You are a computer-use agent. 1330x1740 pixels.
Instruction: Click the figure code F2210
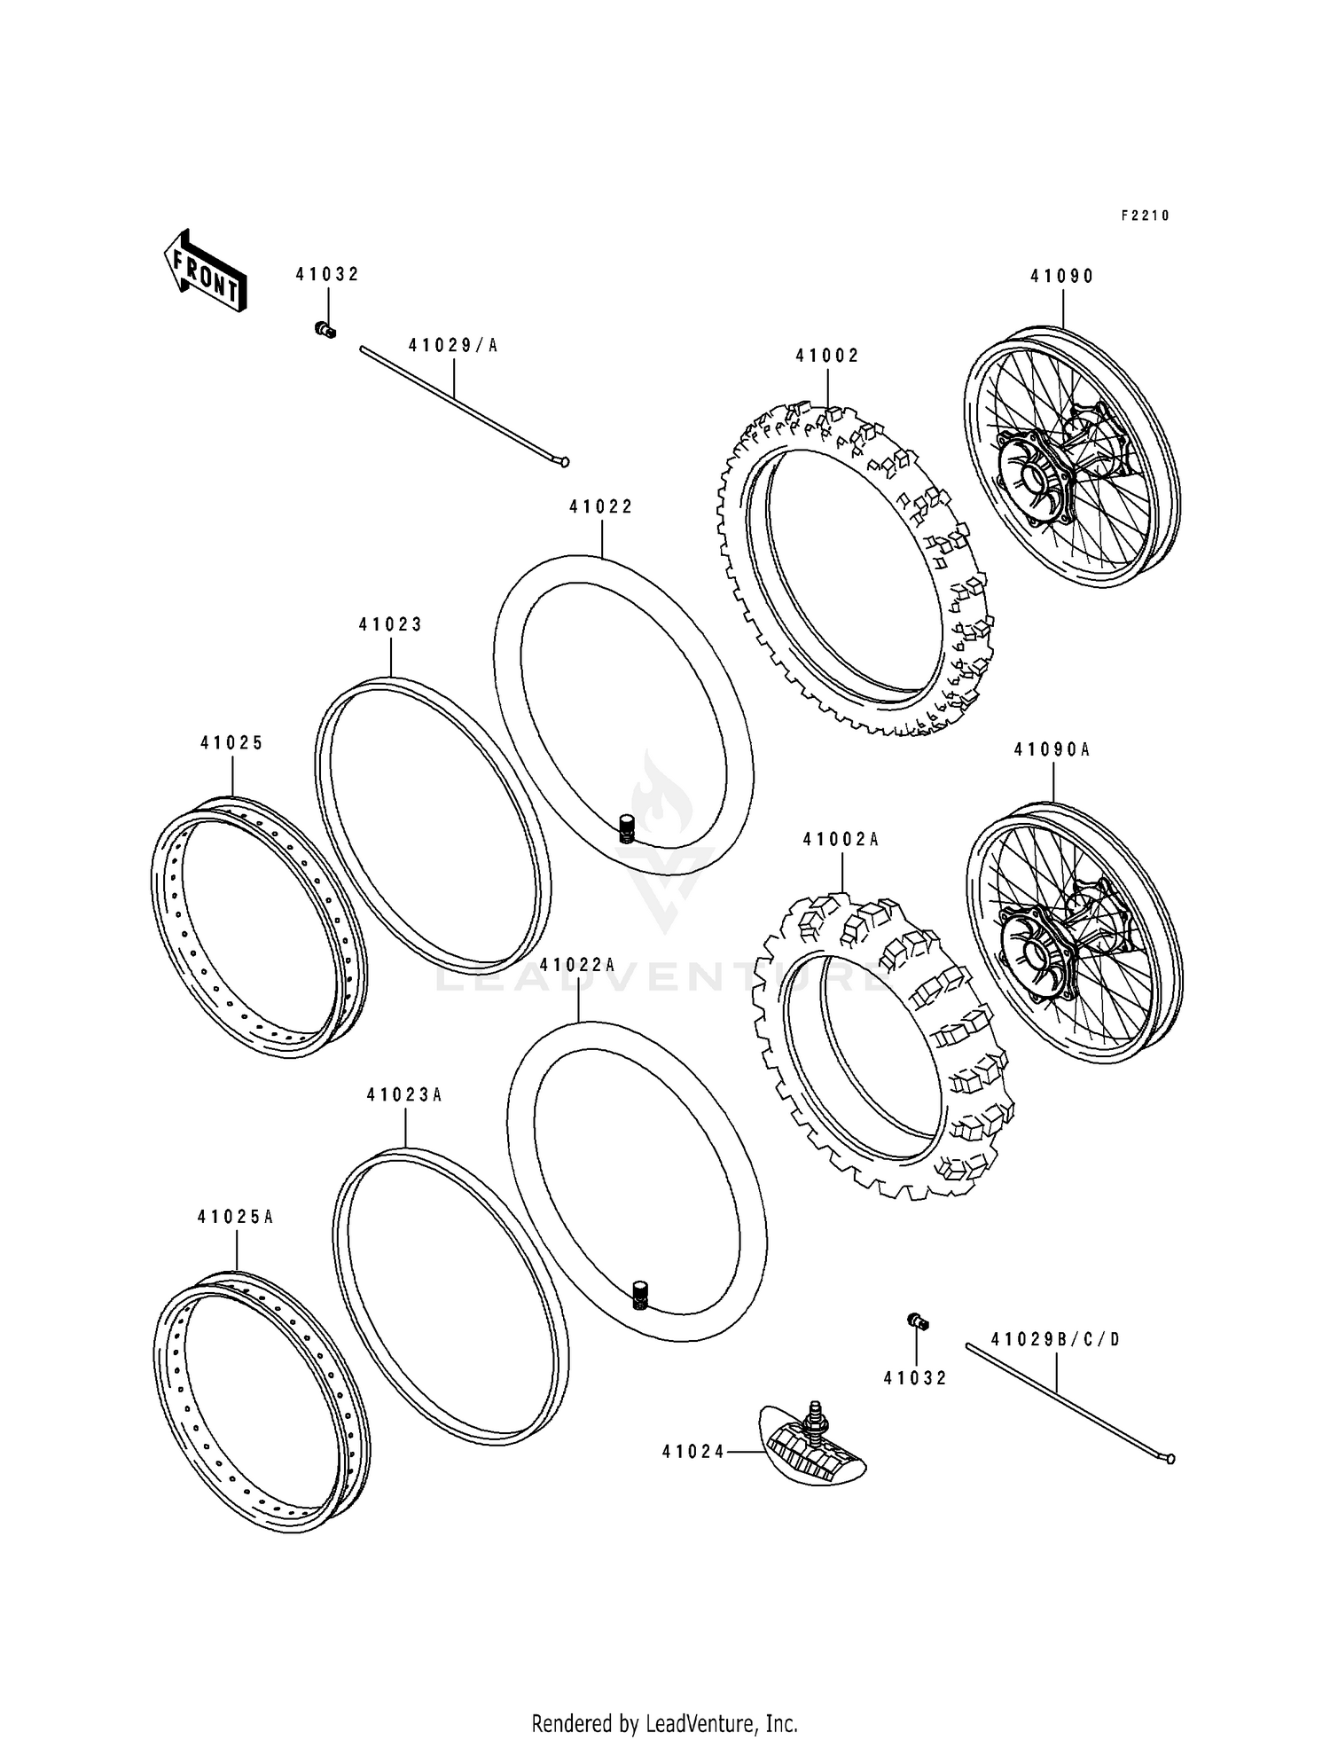pos(1145,216)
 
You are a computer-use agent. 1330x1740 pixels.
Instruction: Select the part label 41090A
pos(1052,750)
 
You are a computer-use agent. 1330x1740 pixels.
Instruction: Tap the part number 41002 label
pos(827,357)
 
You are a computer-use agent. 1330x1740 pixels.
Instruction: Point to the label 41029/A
pos(453,346)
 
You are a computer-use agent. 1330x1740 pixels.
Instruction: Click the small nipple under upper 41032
pos(325,331)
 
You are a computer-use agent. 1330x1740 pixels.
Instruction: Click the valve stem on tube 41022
pos(627,828)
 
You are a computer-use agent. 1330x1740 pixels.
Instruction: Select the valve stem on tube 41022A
pos(639,1295)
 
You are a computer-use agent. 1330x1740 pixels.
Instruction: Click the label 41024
pos(692,1452)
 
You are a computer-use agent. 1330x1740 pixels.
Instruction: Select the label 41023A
pos(404,1095)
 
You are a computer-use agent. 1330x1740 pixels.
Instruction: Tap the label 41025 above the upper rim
pos(231,743)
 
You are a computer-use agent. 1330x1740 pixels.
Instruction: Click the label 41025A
pos(235,1218)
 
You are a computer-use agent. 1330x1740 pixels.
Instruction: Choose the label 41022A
pos(577,965)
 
